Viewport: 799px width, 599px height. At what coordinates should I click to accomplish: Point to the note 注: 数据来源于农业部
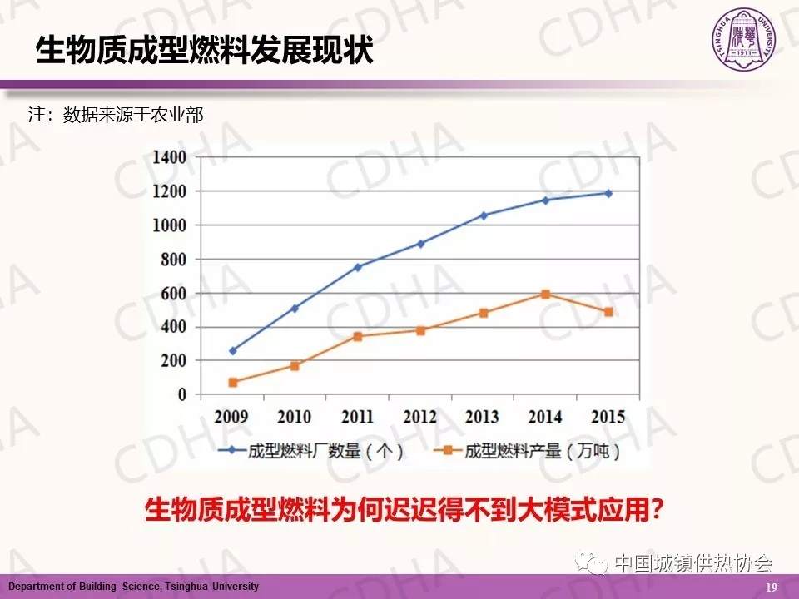click(x=116, y=116)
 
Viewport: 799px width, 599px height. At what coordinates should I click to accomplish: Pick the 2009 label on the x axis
click(x=231, y=416)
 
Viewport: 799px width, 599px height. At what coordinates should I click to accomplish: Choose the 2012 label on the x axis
click(x=420, y=416)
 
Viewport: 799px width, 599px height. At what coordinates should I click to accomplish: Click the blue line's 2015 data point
click(x=608, y=193)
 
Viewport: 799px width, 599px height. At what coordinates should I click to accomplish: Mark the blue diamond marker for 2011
click(x=358, y=267)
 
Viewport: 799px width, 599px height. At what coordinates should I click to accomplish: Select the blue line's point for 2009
click(x=232, y=351)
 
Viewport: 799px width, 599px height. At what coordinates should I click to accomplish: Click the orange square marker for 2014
click(x=545, y=295)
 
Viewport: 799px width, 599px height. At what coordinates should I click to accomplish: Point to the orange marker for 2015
click(x=608, y=312)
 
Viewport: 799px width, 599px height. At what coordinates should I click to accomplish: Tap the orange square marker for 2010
click(x=295, y=366)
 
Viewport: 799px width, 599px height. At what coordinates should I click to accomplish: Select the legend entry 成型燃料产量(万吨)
click(x=532, y=452)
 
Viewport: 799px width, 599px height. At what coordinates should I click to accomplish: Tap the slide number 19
click(x=771, y=587)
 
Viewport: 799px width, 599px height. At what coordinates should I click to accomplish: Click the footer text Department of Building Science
click(x=133, y=587)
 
